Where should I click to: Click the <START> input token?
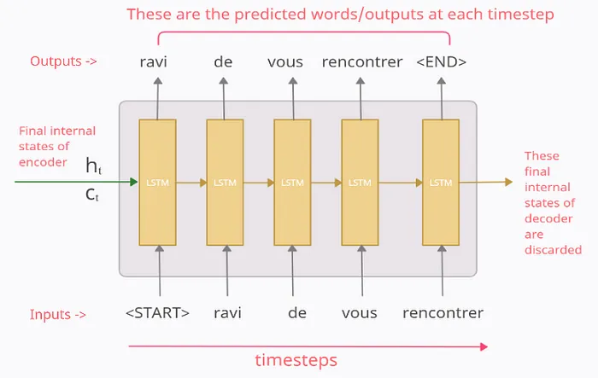tap(157, 312)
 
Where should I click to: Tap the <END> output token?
tap(440, 61)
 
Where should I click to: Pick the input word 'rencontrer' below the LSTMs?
tap(443, 312)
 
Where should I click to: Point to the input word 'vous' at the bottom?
tap(360, 312)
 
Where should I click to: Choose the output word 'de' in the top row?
tap(224, 61)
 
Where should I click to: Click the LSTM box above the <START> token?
tap(157, 183)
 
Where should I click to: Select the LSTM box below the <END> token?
tap(441, 183)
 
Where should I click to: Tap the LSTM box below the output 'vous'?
tap(292, 183)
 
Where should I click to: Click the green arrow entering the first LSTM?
tap(77, 182)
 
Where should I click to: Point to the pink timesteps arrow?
tap(308, 346)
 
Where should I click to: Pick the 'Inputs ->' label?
tap(58, 314)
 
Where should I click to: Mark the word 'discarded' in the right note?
tap(553, 250)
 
